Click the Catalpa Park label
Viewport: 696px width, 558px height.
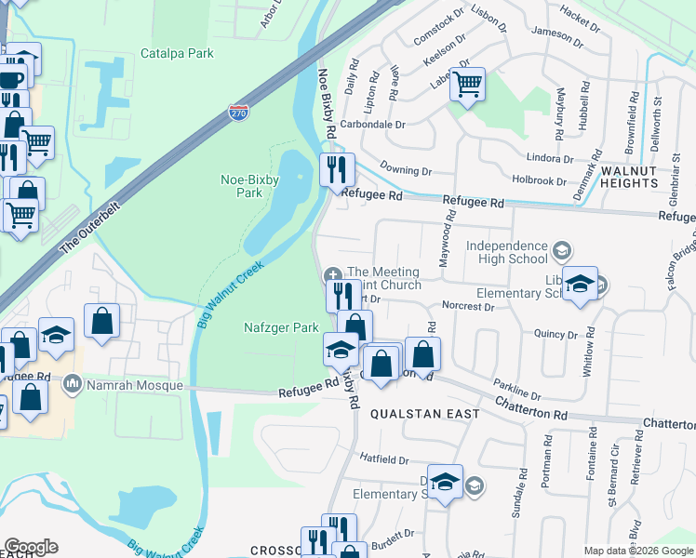point(177,53)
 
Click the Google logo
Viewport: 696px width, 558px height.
point(31,547)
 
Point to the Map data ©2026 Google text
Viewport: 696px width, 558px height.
point(638,551)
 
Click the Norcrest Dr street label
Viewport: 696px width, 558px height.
point(467,306)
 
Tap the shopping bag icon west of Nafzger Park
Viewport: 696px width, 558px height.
point(102,321)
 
